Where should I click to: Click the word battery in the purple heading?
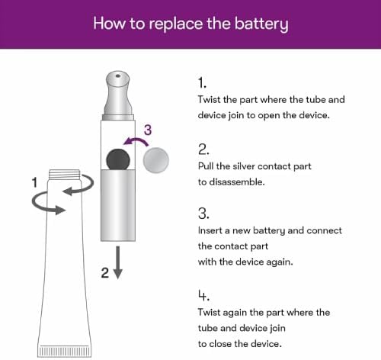[x=261, y=24]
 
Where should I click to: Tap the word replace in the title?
[x=176, y=24]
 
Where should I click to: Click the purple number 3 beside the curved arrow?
[x=148, y=130]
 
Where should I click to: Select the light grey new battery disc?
[x=155, y=160]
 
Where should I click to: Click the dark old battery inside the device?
[x=118, y=159]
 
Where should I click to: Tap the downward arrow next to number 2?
[x=117, y=262]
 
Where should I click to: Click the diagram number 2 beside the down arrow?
[x=105, y=273]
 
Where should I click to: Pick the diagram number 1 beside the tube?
[x=34, y=182]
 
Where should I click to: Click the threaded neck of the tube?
[x=65, y=174]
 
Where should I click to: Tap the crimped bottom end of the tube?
[x=65, y=351]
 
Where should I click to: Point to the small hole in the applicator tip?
[x=118, y=76]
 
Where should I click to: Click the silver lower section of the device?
[x=118, y=205]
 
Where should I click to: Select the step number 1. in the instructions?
[x=202, y=83]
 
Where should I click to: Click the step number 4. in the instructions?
[x=203, y=295]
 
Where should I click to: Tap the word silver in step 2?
[x=244, y=166]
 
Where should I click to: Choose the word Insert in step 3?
[x=210, y=230]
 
